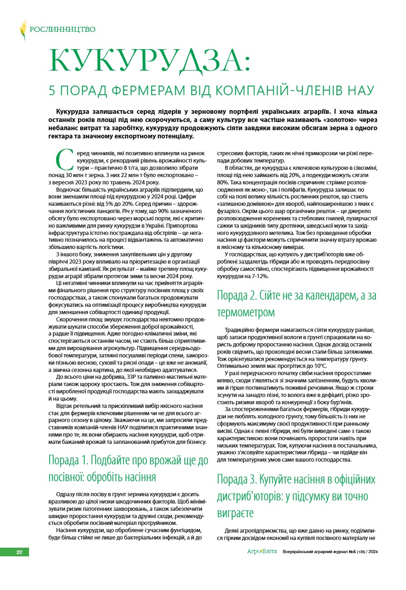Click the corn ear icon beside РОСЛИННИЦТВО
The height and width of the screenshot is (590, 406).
click(x=23, y=30)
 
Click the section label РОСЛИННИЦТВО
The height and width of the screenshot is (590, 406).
click(x=62, y=30)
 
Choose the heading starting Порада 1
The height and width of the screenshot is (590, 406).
click(x=128, y=469)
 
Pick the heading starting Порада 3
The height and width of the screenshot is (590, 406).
click(x=296, y=496)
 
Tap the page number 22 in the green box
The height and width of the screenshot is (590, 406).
click(x=19, y=552)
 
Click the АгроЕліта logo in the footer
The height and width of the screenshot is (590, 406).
click(x=262, y=552)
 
